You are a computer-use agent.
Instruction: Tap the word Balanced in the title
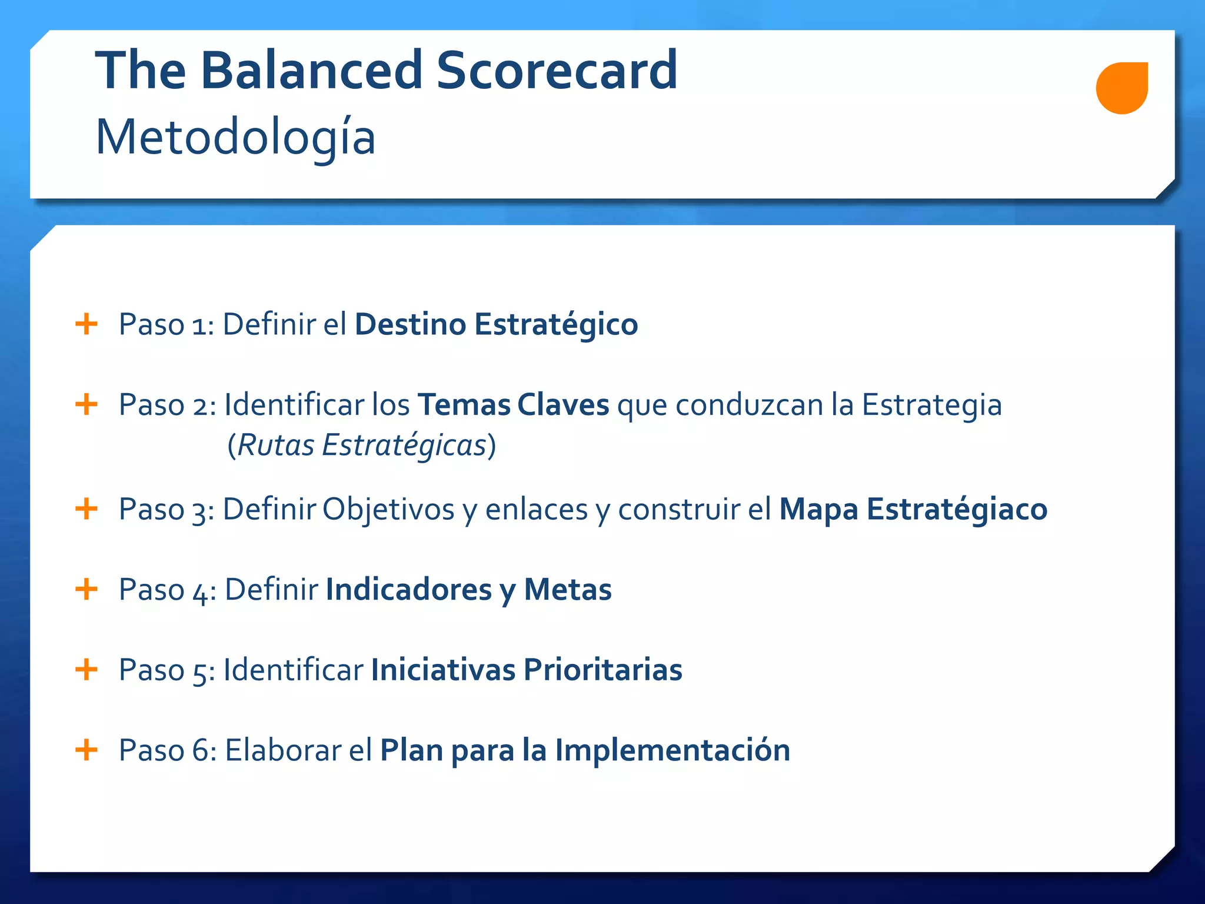click(311, 70)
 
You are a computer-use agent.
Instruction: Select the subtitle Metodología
click(235, 137)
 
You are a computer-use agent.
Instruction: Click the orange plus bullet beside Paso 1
click(86, 324)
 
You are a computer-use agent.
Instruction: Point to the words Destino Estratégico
click(496, 324)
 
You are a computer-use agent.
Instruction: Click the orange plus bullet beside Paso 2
click(86, 404)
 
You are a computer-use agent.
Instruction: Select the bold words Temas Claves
click(513, 405)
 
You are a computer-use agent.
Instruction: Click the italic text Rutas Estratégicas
click(362, 446)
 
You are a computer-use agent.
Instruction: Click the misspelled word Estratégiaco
click(957, 509)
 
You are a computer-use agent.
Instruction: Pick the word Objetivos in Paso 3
click(388, 509)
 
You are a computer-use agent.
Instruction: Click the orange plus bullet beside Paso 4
click(86, 589)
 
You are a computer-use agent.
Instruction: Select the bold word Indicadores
click(409, 589)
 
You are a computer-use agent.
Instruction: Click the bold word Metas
click(568, 589)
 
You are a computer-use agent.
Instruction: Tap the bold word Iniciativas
click(443, 670)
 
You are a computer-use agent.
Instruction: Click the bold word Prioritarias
click(603, 670)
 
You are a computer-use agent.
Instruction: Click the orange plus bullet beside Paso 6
click(86, 750)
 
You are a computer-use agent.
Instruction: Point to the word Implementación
click(673, 750)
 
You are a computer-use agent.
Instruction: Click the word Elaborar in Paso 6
click(283, 750)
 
